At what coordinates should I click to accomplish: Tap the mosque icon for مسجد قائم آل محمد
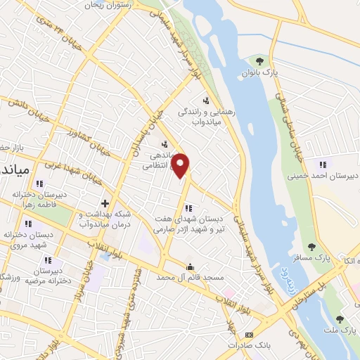pyautogui.click(x=189, y=266)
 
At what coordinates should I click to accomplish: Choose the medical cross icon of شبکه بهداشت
pyautogui.click(x=105, y=203)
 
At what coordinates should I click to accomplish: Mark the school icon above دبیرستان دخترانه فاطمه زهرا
pyautogui.click(x=39, y=184)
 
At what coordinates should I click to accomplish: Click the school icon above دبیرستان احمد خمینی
pyautogui.click(x=323, y=164)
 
